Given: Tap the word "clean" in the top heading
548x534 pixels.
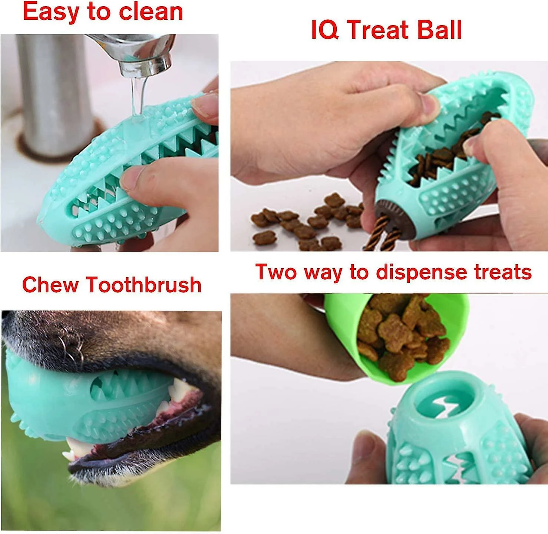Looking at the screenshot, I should (x=151, y=12).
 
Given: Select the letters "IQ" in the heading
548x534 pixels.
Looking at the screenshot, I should (x=324, y=30).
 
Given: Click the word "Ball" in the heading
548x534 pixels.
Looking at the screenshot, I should (x=439, y=30).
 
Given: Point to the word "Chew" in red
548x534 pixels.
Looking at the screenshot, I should (x=50, y=285).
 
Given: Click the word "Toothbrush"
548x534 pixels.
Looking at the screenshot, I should (x=144, y=285).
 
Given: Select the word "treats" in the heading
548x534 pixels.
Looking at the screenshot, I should (x=503, y=272).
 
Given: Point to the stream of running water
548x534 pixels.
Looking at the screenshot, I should (x=137, y=96).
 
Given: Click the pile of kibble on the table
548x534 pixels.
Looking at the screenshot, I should (x=304, y=223).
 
